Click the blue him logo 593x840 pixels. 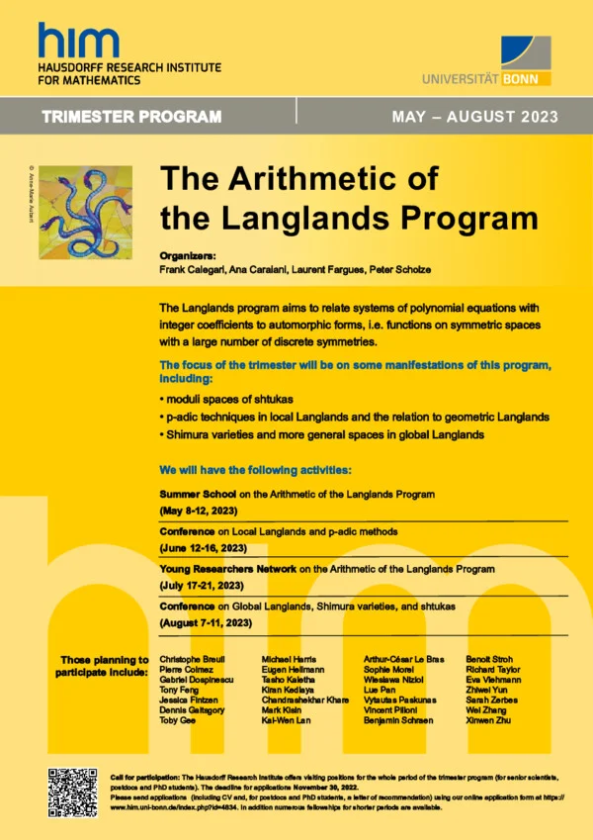[79, 41]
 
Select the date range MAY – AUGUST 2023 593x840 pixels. [474, 117]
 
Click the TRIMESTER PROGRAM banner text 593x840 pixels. [131, 117]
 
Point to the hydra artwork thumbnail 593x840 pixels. [85, 212]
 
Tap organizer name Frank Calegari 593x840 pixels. [194, 269]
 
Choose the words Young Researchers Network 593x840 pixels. [232, 570]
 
